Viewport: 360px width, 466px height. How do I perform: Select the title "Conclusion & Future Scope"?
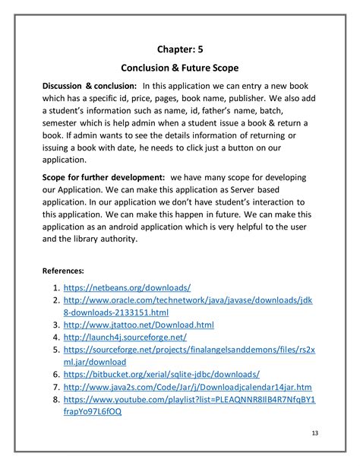click(179, 68)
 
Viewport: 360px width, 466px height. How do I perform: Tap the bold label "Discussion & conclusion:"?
click(90, 86)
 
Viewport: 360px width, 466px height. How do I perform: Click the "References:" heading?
click(63, 270)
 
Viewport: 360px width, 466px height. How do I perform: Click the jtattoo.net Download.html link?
click(138, 325)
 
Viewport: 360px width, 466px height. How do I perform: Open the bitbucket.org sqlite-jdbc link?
click(162, 374)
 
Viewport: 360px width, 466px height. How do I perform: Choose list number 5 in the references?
click(55, 350)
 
